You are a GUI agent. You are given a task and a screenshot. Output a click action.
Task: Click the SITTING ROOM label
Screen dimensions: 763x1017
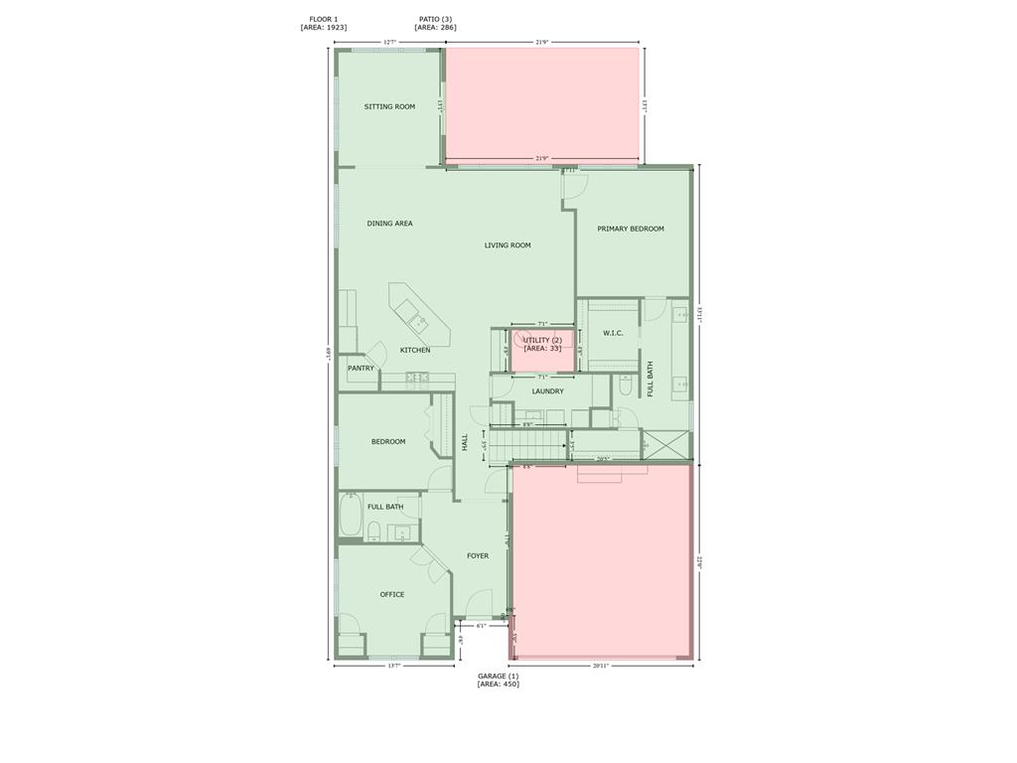(x=389, y=106)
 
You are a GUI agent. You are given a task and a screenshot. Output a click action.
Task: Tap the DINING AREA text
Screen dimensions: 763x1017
(x=389, y=224)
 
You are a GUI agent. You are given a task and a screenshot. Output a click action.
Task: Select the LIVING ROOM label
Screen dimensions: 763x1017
(x=508, y=245)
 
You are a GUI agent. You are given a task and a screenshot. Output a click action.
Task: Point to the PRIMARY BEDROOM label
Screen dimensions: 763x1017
(x=631, y=229)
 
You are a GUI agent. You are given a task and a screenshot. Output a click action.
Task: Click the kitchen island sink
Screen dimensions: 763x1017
(x=417, y=321)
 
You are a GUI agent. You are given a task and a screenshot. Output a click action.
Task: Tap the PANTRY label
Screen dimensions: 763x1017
(x=362, y=369)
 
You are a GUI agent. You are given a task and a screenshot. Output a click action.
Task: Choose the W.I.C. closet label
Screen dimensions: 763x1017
(x=613, y=333)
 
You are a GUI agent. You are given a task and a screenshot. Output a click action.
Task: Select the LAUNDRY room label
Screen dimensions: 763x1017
(x=547, y=391)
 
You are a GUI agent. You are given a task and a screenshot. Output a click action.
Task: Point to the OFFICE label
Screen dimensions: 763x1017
(x=392, y=595)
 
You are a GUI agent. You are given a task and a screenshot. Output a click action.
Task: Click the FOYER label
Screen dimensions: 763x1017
(x=478, y=556)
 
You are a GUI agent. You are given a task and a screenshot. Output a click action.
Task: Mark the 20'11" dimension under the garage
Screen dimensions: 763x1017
(x=600, y=666)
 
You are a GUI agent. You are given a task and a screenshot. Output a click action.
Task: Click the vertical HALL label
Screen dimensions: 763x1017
(x=465, y=442)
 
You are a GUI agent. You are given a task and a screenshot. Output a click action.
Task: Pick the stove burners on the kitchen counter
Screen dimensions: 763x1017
(x=417, y=378)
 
